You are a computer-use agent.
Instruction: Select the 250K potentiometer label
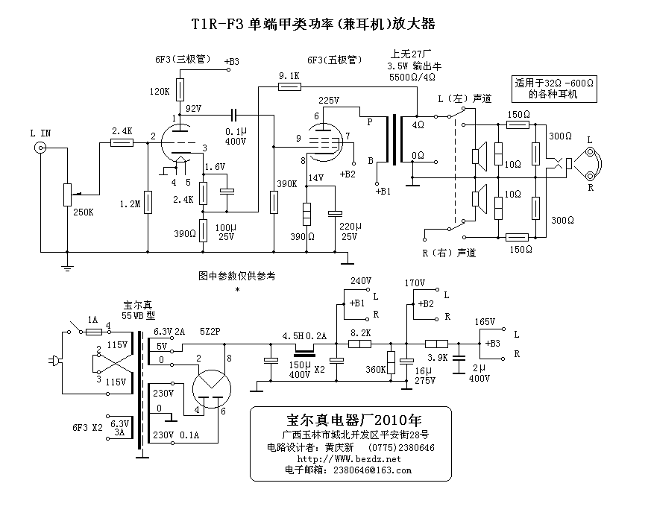click(84, 212)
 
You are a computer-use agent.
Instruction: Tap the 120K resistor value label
click(159, 92)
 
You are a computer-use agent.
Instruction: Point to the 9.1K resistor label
click(289, 76)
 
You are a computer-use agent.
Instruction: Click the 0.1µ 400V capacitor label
click(236, 136)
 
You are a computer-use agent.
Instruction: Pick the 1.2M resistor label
click(129, 203)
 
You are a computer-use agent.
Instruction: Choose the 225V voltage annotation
click(329, 100)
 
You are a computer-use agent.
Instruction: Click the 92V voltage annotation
click(194, 109)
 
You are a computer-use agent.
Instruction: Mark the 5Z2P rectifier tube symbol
click(211, 387)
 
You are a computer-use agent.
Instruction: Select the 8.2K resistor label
click(359, 332)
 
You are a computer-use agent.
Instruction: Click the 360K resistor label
click(375, 369)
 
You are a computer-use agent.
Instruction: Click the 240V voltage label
click(360, 282)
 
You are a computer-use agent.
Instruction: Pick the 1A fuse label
click(92, 319)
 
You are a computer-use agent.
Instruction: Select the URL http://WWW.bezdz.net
click(348, 459)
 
